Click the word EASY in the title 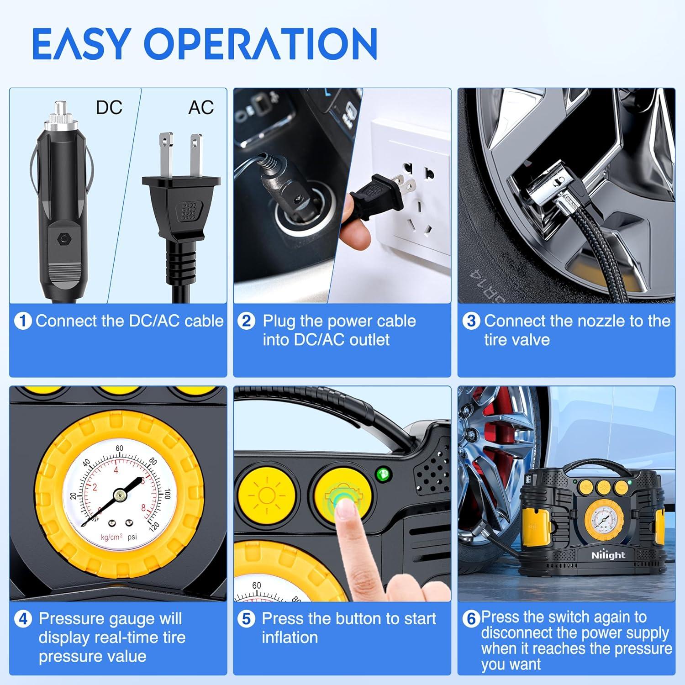80,44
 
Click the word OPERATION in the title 261,44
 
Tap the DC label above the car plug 109,108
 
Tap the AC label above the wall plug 201,108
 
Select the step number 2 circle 246,321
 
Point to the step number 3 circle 471,321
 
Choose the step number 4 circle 23,619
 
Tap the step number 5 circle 246,619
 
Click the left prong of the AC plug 165,153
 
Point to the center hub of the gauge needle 120,494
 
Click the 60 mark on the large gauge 119,448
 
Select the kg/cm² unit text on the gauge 111,537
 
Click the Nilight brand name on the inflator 608,555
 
